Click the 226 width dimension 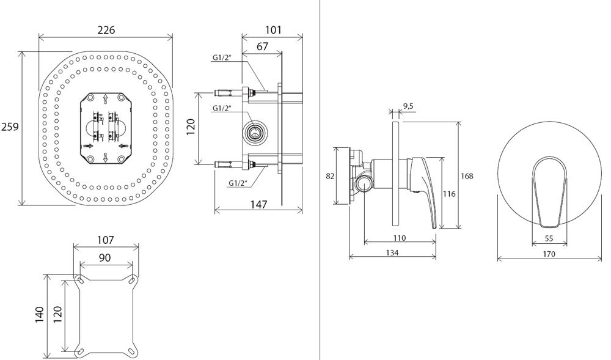tap(106, 30)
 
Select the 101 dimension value tap(273, 30)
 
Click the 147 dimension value tap(259, 205)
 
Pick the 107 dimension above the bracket tap(106, 241)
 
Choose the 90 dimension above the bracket tap(105, 257)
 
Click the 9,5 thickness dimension tap(408, 106)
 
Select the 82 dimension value tap(330, 176)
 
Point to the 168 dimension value tap(467, 176)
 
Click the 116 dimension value tap(449, 194)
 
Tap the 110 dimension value tap(400, 238)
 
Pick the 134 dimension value tap(392, 253)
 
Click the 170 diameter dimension tap(549, 254)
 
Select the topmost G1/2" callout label tap(222, 57)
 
